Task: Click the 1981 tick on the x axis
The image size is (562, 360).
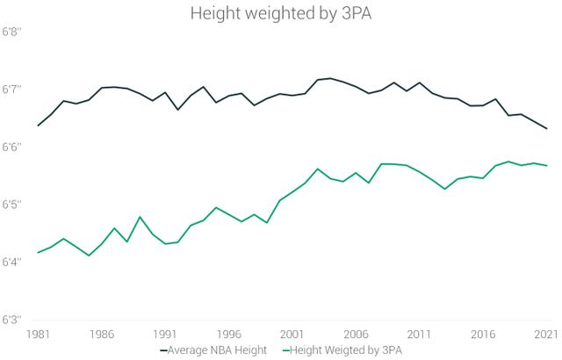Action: click(38, 335)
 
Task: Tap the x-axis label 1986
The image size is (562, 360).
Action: click(102, 335)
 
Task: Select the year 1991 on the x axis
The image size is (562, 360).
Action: click(166, 335)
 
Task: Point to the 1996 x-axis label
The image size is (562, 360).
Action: click(229, 335)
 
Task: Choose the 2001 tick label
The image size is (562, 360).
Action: click(293, 335)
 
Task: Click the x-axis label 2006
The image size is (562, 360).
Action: click(357, 335)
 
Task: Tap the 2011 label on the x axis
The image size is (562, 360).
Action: click(421, 335)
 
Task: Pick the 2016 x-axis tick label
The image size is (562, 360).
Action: click(484, 335)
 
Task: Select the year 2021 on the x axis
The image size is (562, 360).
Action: click(547, 335)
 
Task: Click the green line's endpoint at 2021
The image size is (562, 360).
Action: click(547, 165)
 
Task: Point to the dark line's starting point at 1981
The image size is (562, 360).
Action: click(38, 126)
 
